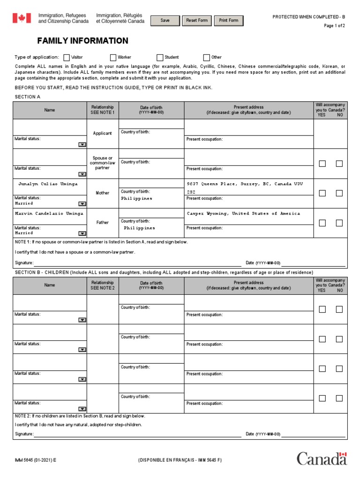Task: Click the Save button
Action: pos(165,21)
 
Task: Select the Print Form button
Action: pos(228,21)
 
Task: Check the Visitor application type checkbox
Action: pos(67,58)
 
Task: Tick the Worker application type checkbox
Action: pos(113,58)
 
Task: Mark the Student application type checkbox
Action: pos(160,58)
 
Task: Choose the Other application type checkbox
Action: pos(207,58)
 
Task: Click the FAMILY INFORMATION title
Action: pos(82,41)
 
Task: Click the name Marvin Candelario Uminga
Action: pos(49,213)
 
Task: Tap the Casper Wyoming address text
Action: pos(243,213)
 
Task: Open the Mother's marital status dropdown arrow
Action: pos(82,204)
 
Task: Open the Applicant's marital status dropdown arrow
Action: pos(82,145)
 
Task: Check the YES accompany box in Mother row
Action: pos(322,193)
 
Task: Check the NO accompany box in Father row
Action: pos(339,223)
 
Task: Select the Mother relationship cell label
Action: pos(103,193)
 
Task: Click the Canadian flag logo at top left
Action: pos(21,18)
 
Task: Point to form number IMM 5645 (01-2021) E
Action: pos(36,460)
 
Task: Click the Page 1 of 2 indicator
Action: pos(334,26)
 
